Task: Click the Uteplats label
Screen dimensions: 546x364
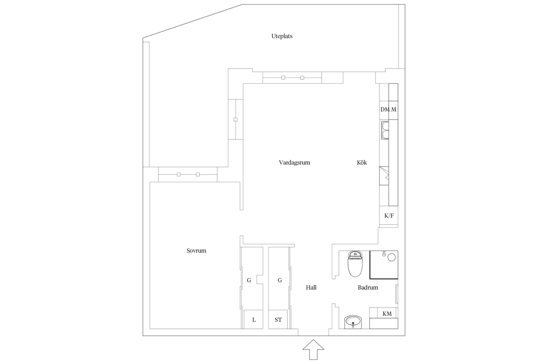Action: (x=282, y=36)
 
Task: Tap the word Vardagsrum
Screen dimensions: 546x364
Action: (x=295, y=162)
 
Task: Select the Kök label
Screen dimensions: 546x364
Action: (x=362, y=162)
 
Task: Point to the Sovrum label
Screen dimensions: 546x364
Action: (x=196, y=251)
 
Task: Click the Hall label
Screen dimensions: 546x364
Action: (x=311, y=288)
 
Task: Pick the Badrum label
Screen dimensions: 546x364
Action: (x=368, y=288)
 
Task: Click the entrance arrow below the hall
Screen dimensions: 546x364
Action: (x=313, y=350)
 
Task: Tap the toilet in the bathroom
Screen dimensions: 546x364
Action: (x=355, y=264)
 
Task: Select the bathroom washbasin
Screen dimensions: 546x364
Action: (x=353, y=322)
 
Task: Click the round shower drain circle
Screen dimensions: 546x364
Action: (x=391, y=257)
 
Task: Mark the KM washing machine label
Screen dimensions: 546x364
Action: (x=387, y=314)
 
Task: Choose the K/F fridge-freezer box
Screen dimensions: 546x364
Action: (x=389, y=216)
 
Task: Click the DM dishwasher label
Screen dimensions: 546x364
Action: (x=385, y=110)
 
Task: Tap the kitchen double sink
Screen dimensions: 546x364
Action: (x=385, y=130)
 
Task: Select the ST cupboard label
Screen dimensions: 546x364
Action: (x=278, y=320)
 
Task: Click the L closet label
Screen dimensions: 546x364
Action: (x=254, y=320)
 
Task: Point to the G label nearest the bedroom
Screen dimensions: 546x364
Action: (x=249, y=280)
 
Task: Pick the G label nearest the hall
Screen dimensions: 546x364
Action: (x=280, y=280)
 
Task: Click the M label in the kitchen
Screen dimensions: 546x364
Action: (x=394, y=110)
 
